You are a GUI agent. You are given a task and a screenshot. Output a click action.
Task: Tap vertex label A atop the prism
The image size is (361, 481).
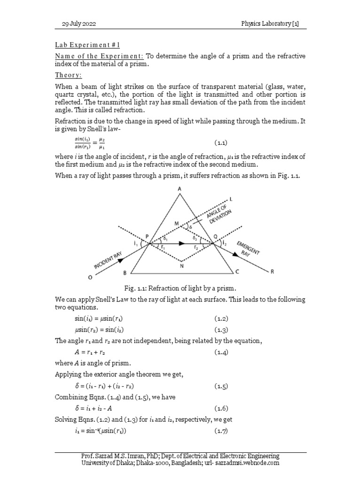click(180, 189)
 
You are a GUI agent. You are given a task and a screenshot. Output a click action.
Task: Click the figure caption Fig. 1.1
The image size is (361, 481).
click(180, 287)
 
